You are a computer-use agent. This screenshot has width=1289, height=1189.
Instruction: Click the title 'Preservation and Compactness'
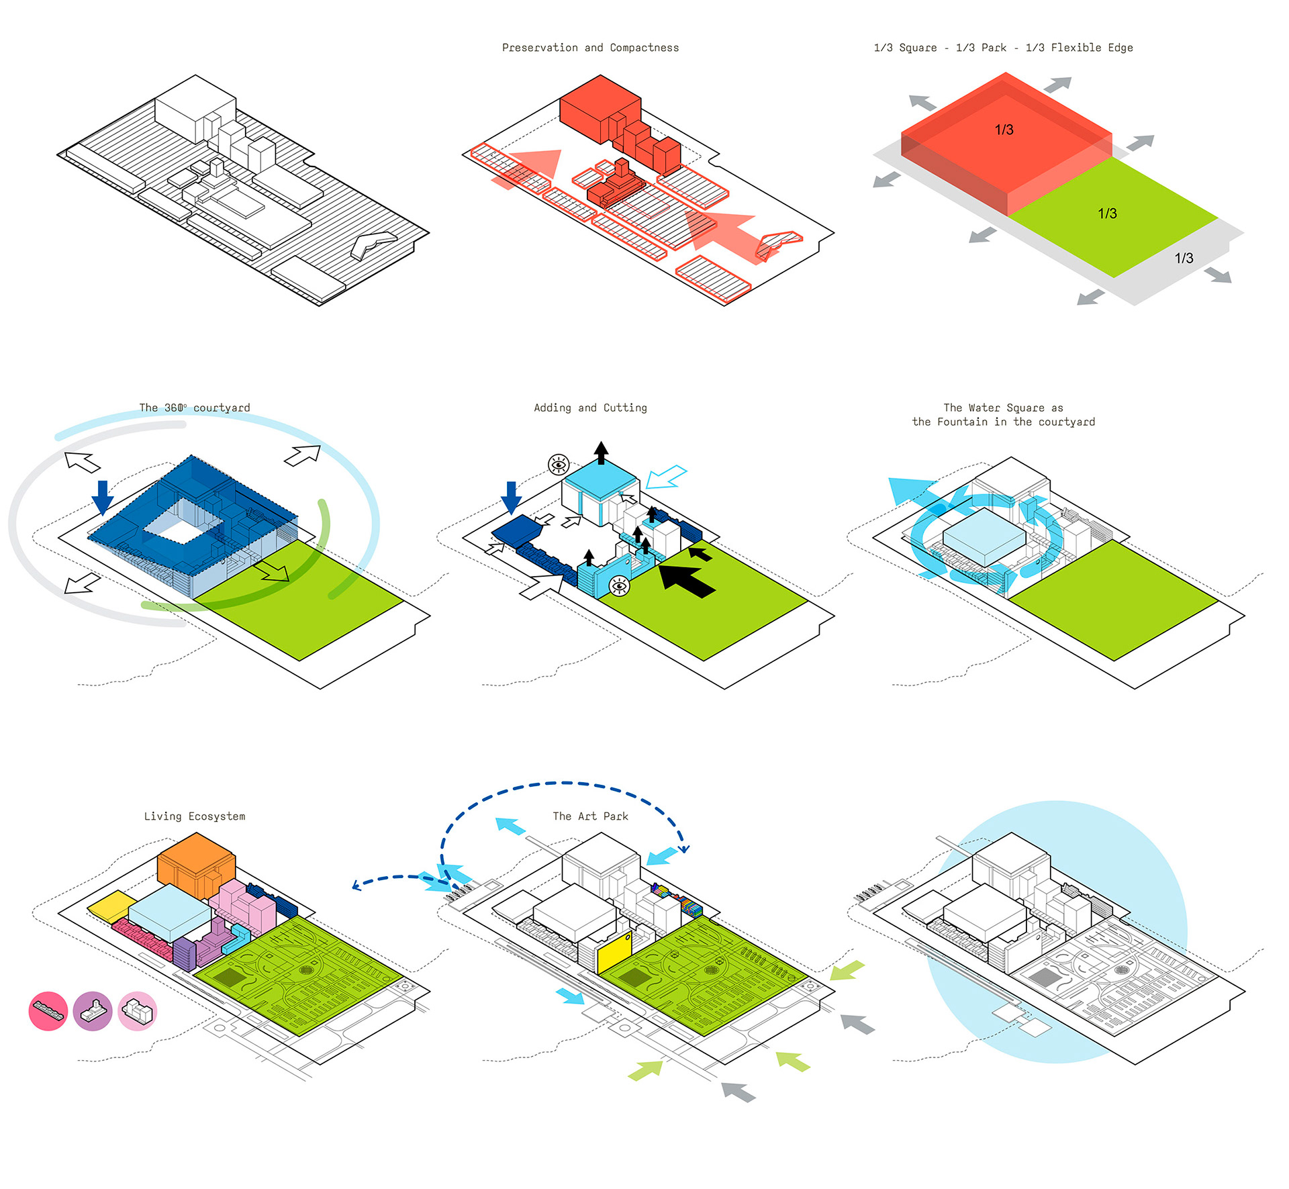(x=590, y=48)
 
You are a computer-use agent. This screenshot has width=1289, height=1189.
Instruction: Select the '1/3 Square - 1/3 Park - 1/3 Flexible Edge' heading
(x=1003, y=48)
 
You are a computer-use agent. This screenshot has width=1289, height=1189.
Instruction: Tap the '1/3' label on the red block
(x=1004, y=130)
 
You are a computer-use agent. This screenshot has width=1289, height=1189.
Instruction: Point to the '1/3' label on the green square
(x=1107, y=213)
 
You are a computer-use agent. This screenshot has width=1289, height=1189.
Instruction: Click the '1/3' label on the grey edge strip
(x=1184, y=258)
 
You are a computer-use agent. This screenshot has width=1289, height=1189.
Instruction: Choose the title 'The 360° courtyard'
(x=194, y=408)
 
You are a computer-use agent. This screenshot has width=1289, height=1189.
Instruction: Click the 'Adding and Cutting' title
(x=590, y=408)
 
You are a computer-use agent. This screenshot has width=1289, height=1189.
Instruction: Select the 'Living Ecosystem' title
(x=194, y=816)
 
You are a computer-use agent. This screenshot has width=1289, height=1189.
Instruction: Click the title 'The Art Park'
(x=590, y=816)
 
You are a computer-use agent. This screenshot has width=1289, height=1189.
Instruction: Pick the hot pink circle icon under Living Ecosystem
(x=48, y=1011)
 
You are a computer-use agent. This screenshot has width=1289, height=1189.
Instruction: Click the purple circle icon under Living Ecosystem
(x=93, y=1011)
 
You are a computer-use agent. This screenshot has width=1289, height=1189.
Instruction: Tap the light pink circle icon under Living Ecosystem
(x=138, y=1011)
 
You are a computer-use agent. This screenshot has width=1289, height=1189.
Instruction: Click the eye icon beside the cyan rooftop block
(x=559, y=464)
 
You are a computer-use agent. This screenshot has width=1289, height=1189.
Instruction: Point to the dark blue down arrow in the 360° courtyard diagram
(x=102, y=497)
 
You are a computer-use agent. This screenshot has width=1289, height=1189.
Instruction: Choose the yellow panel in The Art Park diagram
(x=614, y=952)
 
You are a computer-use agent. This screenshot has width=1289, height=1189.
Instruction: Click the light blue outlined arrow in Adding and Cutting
(x=666, y=477)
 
